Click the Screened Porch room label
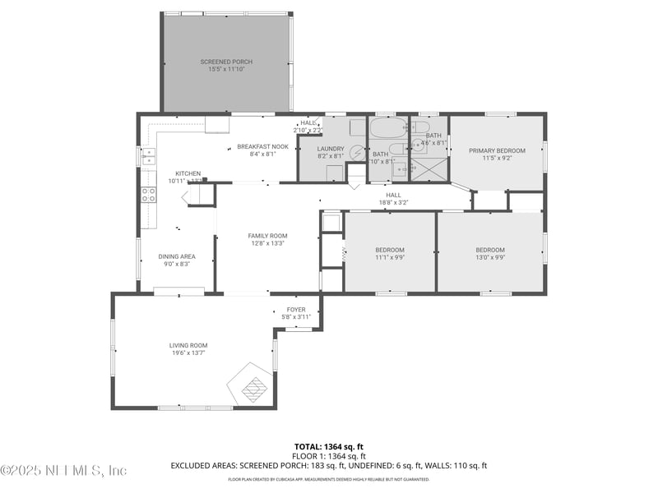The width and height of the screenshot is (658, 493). pyautogui.click(x=226, y=62)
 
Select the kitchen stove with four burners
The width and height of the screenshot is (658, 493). pyautogui.click(x=149, y=195)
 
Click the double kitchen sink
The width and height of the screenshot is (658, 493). pyautogui.click(x=149, y=156)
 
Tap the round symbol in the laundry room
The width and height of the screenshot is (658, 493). pyautogui.click(x=358, y=152)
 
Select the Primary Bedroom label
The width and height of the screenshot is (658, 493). pyautogui.click(x=497, y=150)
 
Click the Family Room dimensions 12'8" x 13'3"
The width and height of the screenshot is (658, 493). pyautogui.click(x=267, y=243)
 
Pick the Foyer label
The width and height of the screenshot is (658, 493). pyautogui.click(x=296, y=310)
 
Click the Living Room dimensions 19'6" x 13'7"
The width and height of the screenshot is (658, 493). pyautogui.click(x=189, y=353)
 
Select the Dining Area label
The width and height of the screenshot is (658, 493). pyautogui.click(x=177, y=256)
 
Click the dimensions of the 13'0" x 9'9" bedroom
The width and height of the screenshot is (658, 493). pyautogui.click(x=489, y=257)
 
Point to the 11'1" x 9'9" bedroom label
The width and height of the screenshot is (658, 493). pyautogui.click(x=390, y=250)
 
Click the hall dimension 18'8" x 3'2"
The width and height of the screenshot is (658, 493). pyautogui.click(x=393, y=202)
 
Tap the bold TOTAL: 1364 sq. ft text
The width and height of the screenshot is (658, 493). pyautogui.click(x=329, y=446)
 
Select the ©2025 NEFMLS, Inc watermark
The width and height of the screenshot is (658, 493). pyautogui.click(x=64, y=471)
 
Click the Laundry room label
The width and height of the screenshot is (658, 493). pyautogui.click(x=331, y=149)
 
